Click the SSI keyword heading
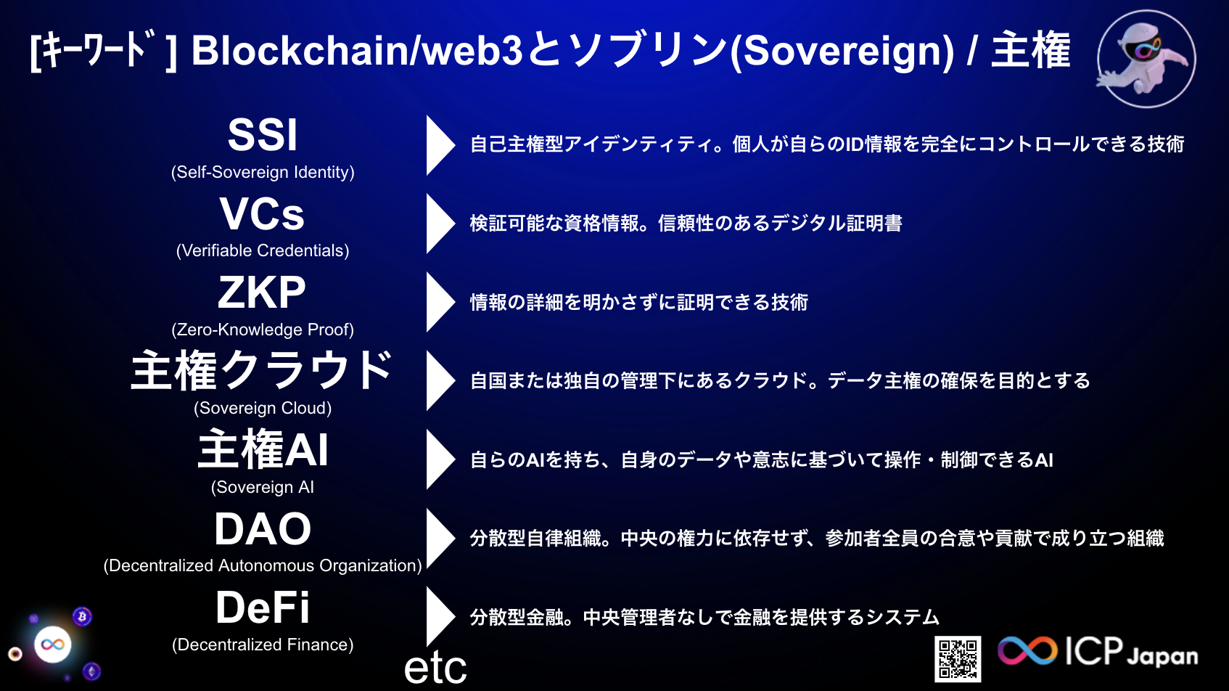263,135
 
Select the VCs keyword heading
263,214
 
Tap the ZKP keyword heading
262,293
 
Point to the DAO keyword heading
263,529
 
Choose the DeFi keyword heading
263,608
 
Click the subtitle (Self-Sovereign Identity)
263,172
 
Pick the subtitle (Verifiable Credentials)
263,250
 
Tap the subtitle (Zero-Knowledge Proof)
263,330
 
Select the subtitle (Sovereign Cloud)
263,408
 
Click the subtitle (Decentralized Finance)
263,645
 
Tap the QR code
958,659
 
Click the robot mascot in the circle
1146,58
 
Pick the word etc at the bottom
435,668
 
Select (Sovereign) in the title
842,51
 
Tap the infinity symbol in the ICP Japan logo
1027,650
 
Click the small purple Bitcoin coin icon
82,617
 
